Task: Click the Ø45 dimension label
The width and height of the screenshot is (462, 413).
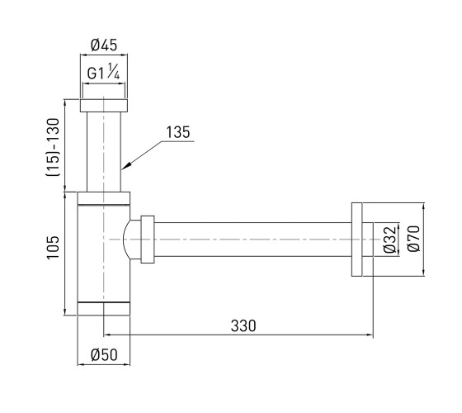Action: [104, 45]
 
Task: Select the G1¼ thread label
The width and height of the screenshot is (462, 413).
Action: [103, 72]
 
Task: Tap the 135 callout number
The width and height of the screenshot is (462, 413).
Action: [178, 132]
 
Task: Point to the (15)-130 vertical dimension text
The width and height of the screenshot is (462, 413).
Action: [53, 147]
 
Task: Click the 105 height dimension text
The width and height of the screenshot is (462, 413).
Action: [54, 247]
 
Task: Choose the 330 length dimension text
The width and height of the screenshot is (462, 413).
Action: [243, 326]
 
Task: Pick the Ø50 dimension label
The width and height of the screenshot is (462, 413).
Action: [104, 354]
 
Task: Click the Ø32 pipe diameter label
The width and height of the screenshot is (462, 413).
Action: [389, 240]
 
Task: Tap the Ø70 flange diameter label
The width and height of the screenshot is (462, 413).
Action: [413, 239]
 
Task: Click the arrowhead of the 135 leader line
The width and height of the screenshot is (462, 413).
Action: [124, 167]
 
